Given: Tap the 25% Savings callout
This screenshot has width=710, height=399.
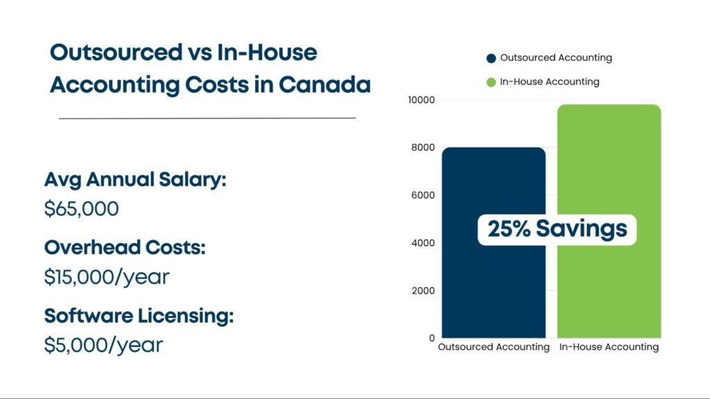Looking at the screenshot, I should pos(557,229).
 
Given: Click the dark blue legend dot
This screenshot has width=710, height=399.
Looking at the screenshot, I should pos(491,58).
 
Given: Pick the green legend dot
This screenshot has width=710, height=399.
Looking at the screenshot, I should pos(491,82).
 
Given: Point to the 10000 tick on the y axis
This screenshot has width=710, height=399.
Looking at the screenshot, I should pos(420,100).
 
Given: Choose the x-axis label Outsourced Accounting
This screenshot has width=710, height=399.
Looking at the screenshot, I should pos(494,347).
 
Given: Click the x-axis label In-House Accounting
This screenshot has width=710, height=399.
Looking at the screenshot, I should pos(609,347).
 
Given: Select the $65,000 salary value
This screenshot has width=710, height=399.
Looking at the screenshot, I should pos(81,209).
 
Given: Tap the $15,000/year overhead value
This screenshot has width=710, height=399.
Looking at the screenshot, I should pos(107,276).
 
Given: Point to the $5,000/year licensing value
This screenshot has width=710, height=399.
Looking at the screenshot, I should pos(103,344).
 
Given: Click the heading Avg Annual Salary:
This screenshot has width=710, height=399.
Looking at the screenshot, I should pos(135,180).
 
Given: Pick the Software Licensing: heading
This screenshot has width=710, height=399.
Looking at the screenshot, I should pos(139,316).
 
